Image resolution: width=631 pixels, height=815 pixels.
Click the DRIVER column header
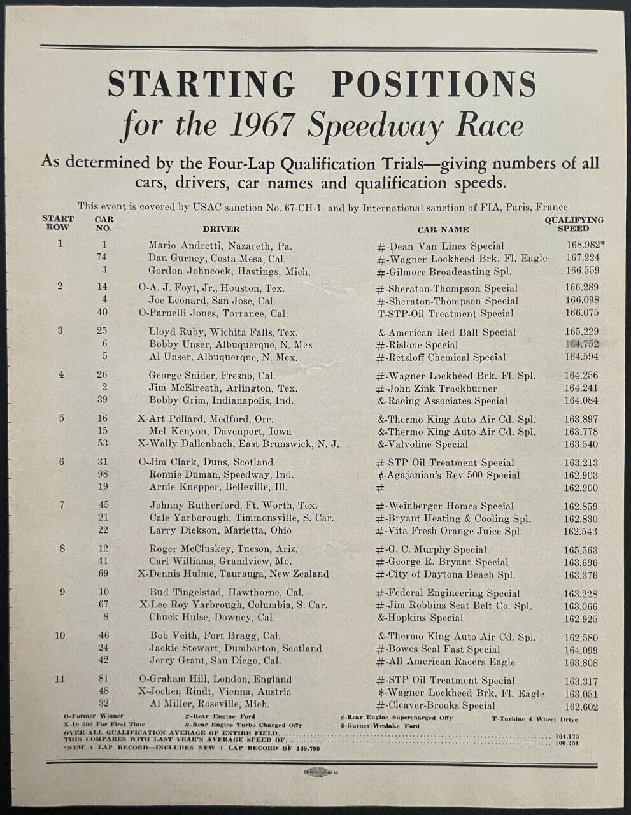(221, 229)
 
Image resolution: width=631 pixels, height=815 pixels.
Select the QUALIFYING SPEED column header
(573, 224)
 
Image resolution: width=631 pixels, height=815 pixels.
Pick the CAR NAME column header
(443, 229)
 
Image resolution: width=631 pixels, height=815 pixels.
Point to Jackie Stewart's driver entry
(235, 648)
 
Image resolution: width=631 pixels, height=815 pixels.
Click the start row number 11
(60, 679)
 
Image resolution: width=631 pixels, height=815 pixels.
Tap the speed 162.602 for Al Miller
(581, 705)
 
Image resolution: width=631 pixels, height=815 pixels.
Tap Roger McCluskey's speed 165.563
(581, 549)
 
